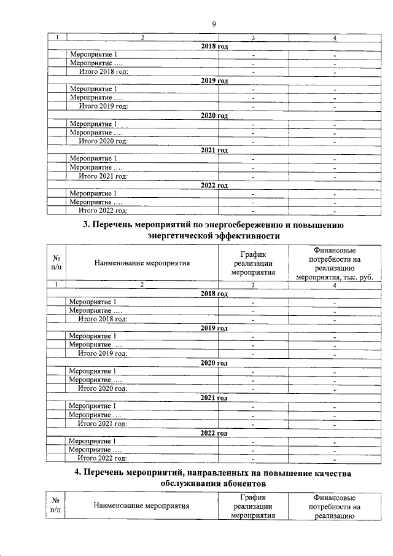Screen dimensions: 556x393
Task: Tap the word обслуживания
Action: [x=188, y=484]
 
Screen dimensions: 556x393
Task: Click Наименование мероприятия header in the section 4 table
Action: [x=142, y=507]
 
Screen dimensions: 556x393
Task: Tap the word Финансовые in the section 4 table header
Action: [x=334, y=497]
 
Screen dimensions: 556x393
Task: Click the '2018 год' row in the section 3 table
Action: [x=214, y=294]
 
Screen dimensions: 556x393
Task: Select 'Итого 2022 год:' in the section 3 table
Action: [x=102, y=458]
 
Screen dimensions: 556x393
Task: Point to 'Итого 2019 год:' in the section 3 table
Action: [x=102, y=354]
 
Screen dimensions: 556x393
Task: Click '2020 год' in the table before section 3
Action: [x=214, y=116]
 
